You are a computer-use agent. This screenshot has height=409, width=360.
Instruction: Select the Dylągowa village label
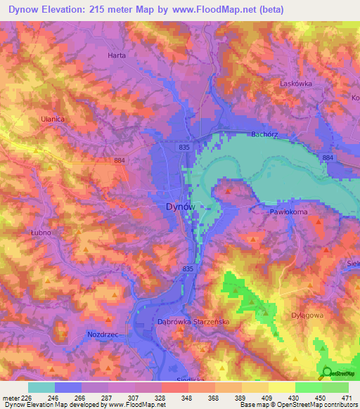pyautogui.click(x=307, y=316)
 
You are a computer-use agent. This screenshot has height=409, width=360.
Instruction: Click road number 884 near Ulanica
pyautogui.click(x=120, y=161)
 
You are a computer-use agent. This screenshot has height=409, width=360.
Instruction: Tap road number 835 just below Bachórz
pyautogui.click(x=185, y=147)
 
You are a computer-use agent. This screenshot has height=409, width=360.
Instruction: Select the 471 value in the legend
pyautogui.click(x=346, y=398)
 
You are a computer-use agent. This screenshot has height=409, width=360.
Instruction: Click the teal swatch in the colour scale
pyautogui.click(x=41, y=387)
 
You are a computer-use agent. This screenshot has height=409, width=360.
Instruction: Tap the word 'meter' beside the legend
pyautogui.click(x=11, y=398)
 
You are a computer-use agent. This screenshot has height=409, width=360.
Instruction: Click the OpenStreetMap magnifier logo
pyautogui.click(x=326, y=372)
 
